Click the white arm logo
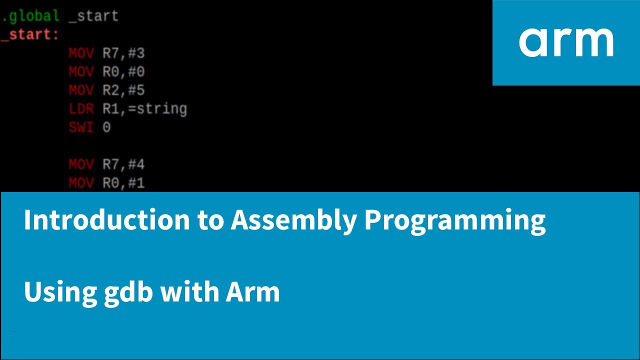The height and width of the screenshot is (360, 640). (566, 42)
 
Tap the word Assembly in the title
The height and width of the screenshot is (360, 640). (293, 220)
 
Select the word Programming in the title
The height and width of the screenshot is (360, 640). (454, 220)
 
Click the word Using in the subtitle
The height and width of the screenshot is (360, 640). (60, 292)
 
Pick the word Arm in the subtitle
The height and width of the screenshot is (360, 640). (252, 292)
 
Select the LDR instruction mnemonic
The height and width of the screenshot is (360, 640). (81, 109)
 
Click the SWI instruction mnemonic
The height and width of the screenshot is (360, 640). (81, 127)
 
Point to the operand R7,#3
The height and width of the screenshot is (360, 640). (123, 53)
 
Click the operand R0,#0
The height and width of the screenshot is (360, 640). (123, 72)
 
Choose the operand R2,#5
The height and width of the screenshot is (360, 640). (123, 90)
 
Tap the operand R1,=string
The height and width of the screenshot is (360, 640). (144, 109)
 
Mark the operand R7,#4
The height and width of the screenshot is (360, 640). (123, 164)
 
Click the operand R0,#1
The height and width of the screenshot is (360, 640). (123, 183)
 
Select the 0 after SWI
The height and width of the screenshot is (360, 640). (106, 127)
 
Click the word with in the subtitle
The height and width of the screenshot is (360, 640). (189, 292)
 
